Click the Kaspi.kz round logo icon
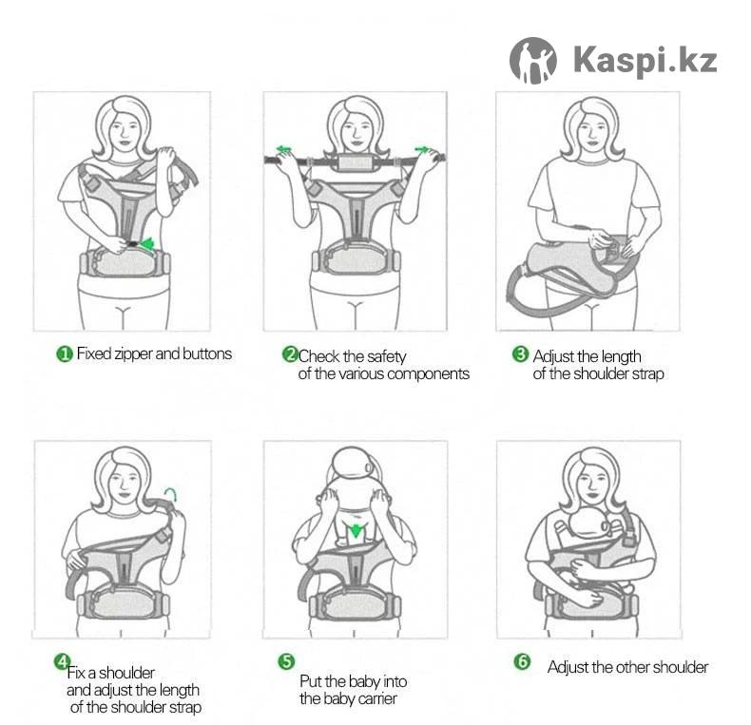pyautogui.click(x=532, y=60)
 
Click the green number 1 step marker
pyautogui.click(x=65, y=354)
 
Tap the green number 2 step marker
pyautogui.click(x=290, y=354)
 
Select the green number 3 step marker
pyautogui.click(x=520, y=354)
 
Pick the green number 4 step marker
pyautogui.click(x=62, y=661)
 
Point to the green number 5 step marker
pyautogui.click(x=286, y=661)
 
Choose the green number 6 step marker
pyautogui.click(x=522, y=661)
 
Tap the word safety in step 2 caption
pyautogui.click(x=387, y=356)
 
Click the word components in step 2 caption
pyautogui.click(x=428, y=374)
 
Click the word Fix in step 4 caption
pyautogui.click(x=76, y=673)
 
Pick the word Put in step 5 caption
pyautogui.click(x=311, y=681)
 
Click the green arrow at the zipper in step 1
pyautogui.click(x=146, y=244)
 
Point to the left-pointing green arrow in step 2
pyautogui.click(x=283, y=149)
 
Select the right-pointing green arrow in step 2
pyautogui.click(x=422, y=149)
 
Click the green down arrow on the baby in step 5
pyautogui.click(x=355, y=531)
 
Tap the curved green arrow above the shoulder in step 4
pyautogui.click(x=171, y=493)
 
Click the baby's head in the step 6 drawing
pyautogui.click(x=590, y=524)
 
